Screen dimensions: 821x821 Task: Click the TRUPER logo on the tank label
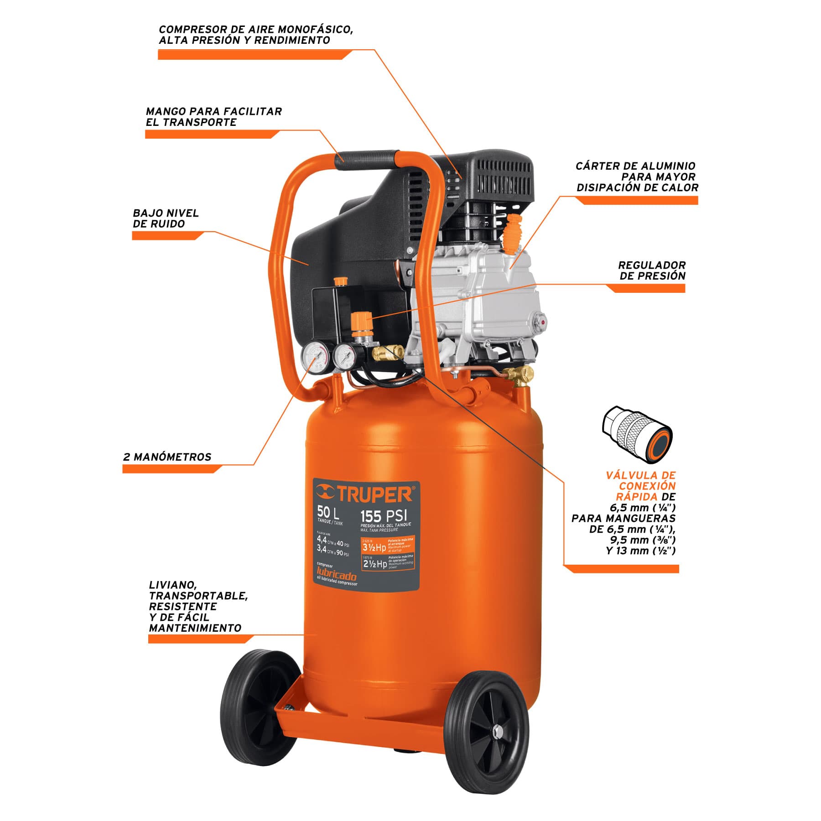[365, 494]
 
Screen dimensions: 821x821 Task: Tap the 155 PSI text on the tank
[383, 516]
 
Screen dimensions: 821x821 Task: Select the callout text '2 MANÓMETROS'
[167, 457]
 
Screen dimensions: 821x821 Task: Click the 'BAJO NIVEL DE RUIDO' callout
[166, 218]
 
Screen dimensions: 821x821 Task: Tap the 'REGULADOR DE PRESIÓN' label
[652, 270]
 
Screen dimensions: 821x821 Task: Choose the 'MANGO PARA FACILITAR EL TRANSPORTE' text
[213, 117]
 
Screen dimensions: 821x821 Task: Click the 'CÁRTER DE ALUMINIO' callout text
[637, 177]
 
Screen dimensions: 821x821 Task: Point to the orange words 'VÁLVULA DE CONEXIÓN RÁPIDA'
[640, 486]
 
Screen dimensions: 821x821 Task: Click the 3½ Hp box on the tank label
[374, 547]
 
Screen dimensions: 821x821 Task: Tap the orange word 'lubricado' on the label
[337, 576]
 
